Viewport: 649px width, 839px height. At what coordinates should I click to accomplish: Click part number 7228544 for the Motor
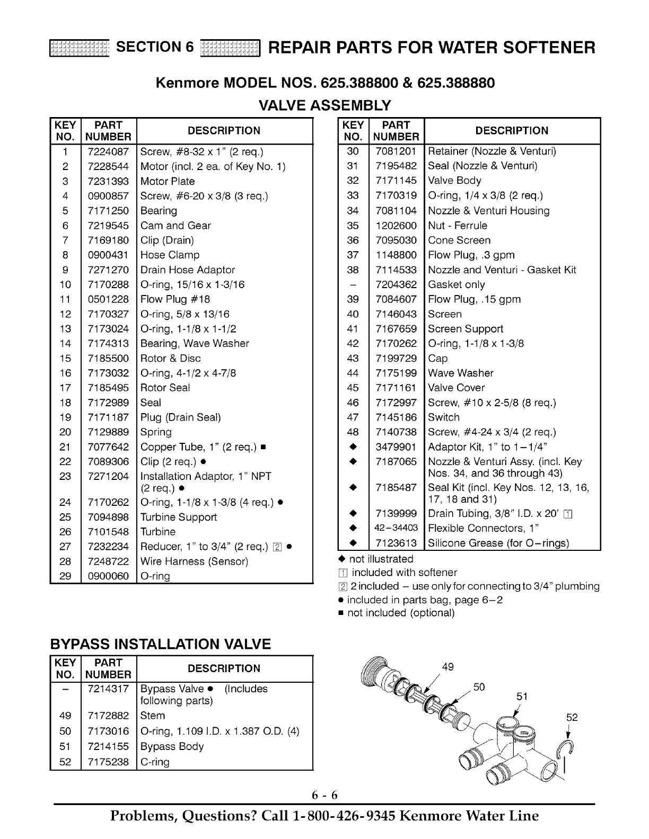(x=108, y=166)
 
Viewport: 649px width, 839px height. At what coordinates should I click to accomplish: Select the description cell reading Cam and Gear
(x=176, y=226)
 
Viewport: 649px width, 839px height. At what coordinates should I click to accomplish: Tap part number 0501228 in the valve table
(x=108, y=299)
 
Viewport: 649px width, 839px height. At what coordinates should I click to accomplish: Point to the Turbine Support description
(x=179, y=517)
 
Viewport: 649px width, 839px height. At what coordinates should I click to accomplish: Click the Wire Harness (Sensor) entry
(x=194, y=561)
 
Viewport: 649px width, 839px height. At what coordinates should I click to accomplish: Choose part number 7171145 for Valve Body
(x=396, y=181)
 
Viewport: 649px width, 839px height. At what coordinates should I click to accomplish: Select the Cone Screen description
(x=459, y=240)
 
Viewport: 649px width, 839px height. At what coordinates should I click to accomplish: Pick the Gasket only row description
(x=457, y=284)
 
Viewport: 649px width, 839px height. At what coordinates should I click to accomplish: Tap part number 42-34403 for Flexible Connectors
(x=396, y=528)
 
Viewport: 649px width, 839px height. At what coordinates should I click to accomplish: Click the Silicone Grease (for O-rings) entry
(x=498, y=543)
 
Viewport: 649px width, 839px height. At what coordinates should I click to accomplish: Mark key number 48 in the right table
(x=353, y=432)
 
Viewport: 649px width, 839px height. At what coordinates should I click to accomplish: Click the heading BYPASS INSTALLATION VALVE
(x=160, y=644)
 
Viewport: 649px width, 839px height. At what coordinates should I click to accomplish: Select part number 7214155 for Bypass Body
(x=108, y=747)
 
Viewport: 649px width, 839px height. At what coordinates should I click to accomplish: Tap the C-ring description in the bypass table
(x=155, y=762)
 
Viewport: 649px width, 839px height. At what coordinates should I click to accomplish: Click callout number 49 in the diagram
(x=448, y=667)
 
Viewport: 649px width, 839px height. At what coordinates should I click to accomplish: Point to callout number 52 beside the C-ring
(x=572, y=718)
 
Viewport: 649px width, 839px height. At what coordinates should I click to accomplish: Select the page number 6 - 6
(x=324, y=796)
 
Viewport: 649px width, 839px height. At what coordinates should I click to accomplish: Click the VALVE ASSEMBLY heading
(x=324, y=105)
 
